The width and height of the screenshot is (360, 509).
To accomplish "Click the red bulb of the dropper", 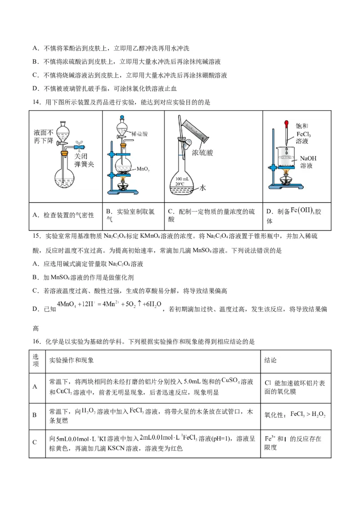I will [286, 122].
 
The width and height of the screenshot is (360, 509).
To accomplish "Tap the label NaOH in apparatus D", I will [307, 158].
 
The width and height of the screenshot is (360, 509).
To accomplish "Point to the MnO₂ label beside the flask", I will [143, 169].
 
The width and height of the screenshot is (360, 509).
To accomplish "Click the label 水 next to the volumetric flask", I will [202, 188].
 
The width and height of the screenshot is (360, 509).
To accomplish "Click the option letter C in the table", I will [35, 442].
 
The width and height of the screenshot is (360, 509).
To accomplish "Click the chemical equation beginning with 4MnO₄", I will [109, 304].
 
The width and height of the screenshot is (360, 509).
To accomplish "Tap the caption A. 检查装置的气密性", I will [63, 215].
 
